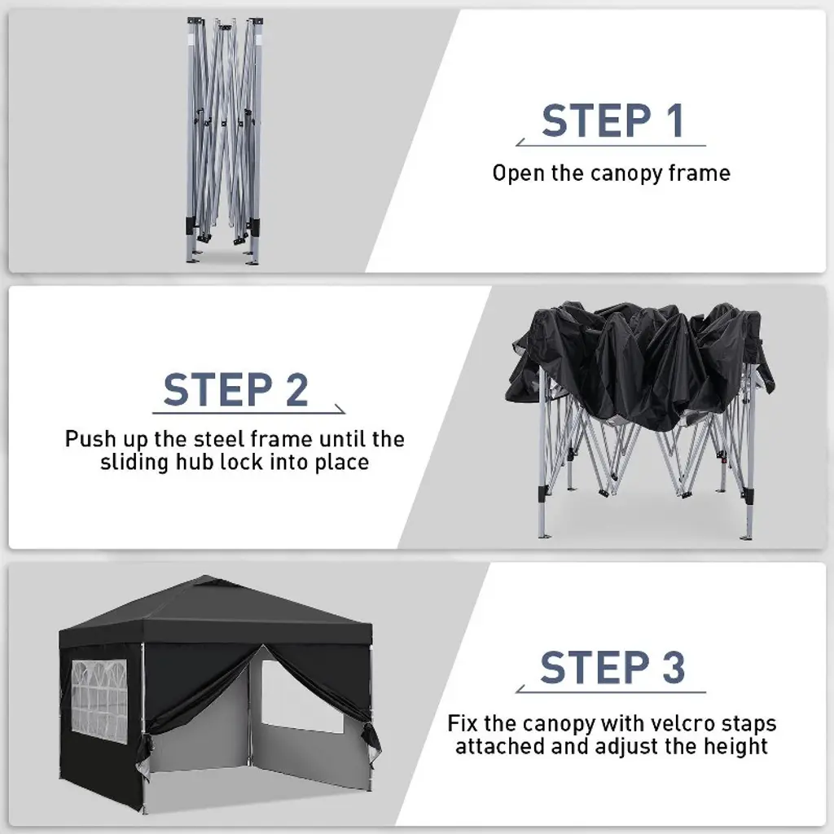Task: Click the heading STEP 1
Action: pyautogui.click(x=612, y=121)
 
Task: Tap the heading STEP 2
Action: pyautogui.click(x=235, y=390)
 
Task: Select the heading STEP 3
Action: pyautogui.click(x=612, y=667)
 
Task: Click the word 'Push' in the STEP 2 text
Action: pyautogui.click(x=90, y=439)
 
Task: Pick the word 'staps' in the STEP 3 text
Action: pyautogui.click(x=749, y=725)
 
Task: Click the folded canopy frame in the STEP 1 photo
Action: pyautogui.click(x=225, y=141)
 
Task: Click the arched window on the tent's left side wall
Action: pyautogui.click(x=99, y=701)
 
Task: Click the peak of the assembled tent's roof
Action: pyautogui.click(x=206, y=579)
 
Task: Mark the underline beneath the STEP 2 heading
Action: pyautogui.click(x=248, y=412)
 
